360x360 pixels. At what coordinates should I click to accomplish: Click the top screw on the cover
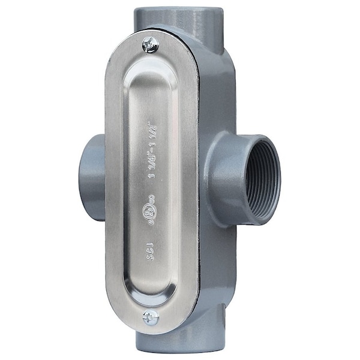tap(150, 44)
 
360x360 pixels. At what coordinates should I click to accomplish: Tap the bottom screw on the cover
tap(151, 317)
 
